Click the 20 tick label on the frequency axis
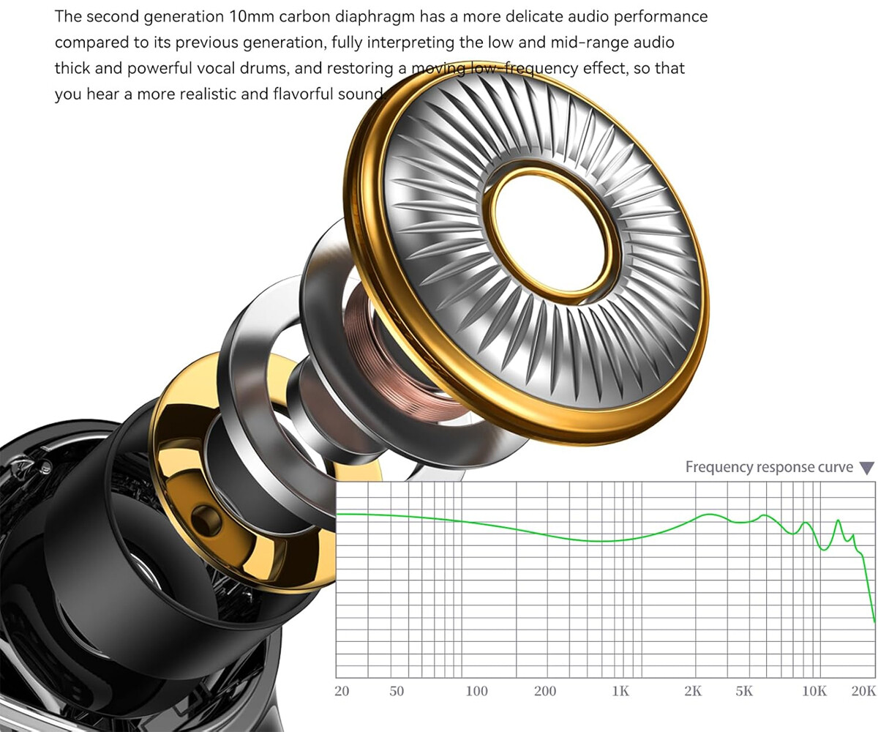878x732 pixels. click(342, 691)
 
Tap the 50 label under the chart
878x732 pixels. click(397, 691)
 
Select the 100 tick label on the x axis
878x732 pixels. click(476, 691)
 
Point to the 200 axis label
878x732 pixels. click(545, 691)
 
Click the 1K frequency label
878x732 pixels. click(620, 691)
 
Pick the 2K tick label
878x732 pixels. click(693, 691)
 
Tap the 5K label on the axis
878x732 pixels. click(744, 691)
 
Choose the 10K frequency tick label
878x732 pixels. click(814, 691)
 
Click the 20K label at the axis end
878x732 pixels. click(863, 691)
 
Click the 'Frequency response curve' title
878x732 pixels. click(769, 468)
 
